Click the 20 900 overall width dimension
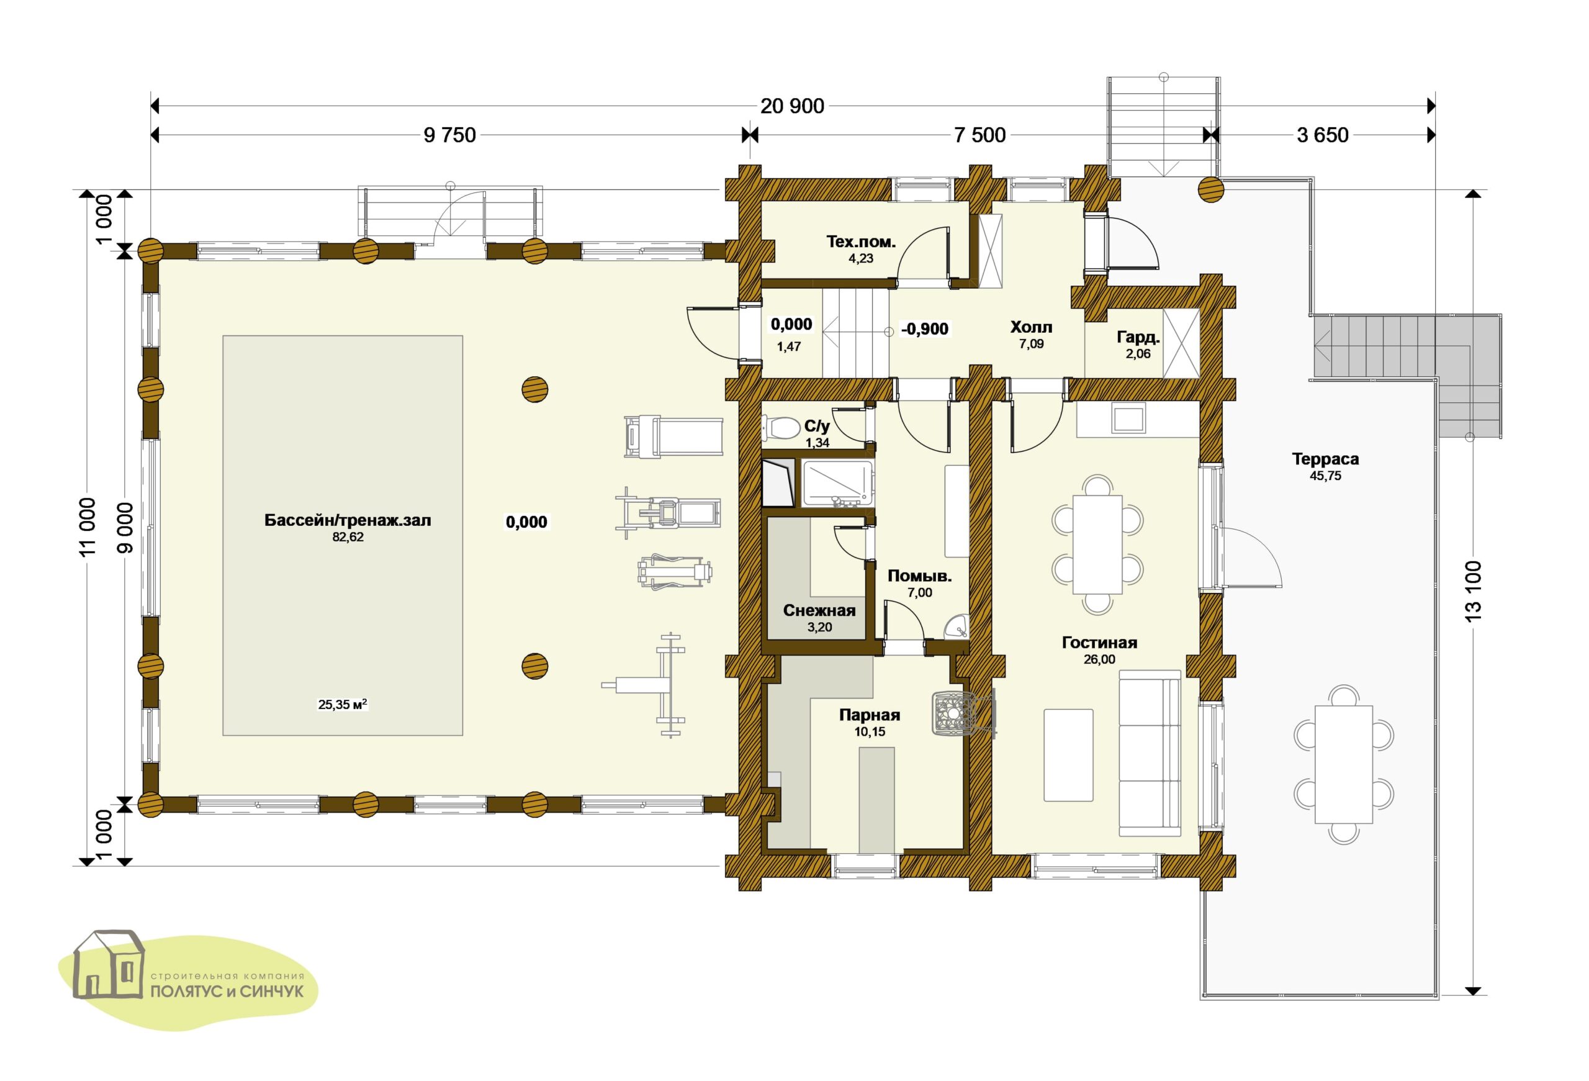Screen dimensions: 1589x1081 [793, 106]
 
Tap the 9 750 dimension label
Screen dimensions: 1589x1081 [450, 135]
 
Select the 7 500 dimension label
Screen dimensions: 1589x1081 [980, 135]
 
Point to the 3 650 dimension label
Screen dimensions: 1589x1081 [1322, 135]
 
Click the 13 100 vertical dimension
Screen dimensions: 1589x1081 [1474, 590]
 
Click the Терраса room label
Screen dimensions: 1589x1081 [1325, 459]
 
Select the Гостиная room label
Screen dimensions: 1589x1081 [1099, 643]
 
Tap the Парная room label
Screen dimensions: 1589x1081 [870, 715]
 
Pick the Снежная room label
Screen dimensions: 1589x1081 [819, 610]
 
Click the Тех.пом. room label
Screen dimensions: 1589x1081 [861, 242]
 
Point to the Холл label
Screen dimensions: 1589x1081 [1031, 327]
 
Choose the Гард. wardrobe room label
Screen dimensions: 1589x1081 [1138, 338]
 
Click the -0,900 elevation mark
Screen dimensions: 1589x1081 [925, 329]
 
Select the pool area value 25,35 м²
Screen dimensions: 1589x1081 [343, 704]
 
